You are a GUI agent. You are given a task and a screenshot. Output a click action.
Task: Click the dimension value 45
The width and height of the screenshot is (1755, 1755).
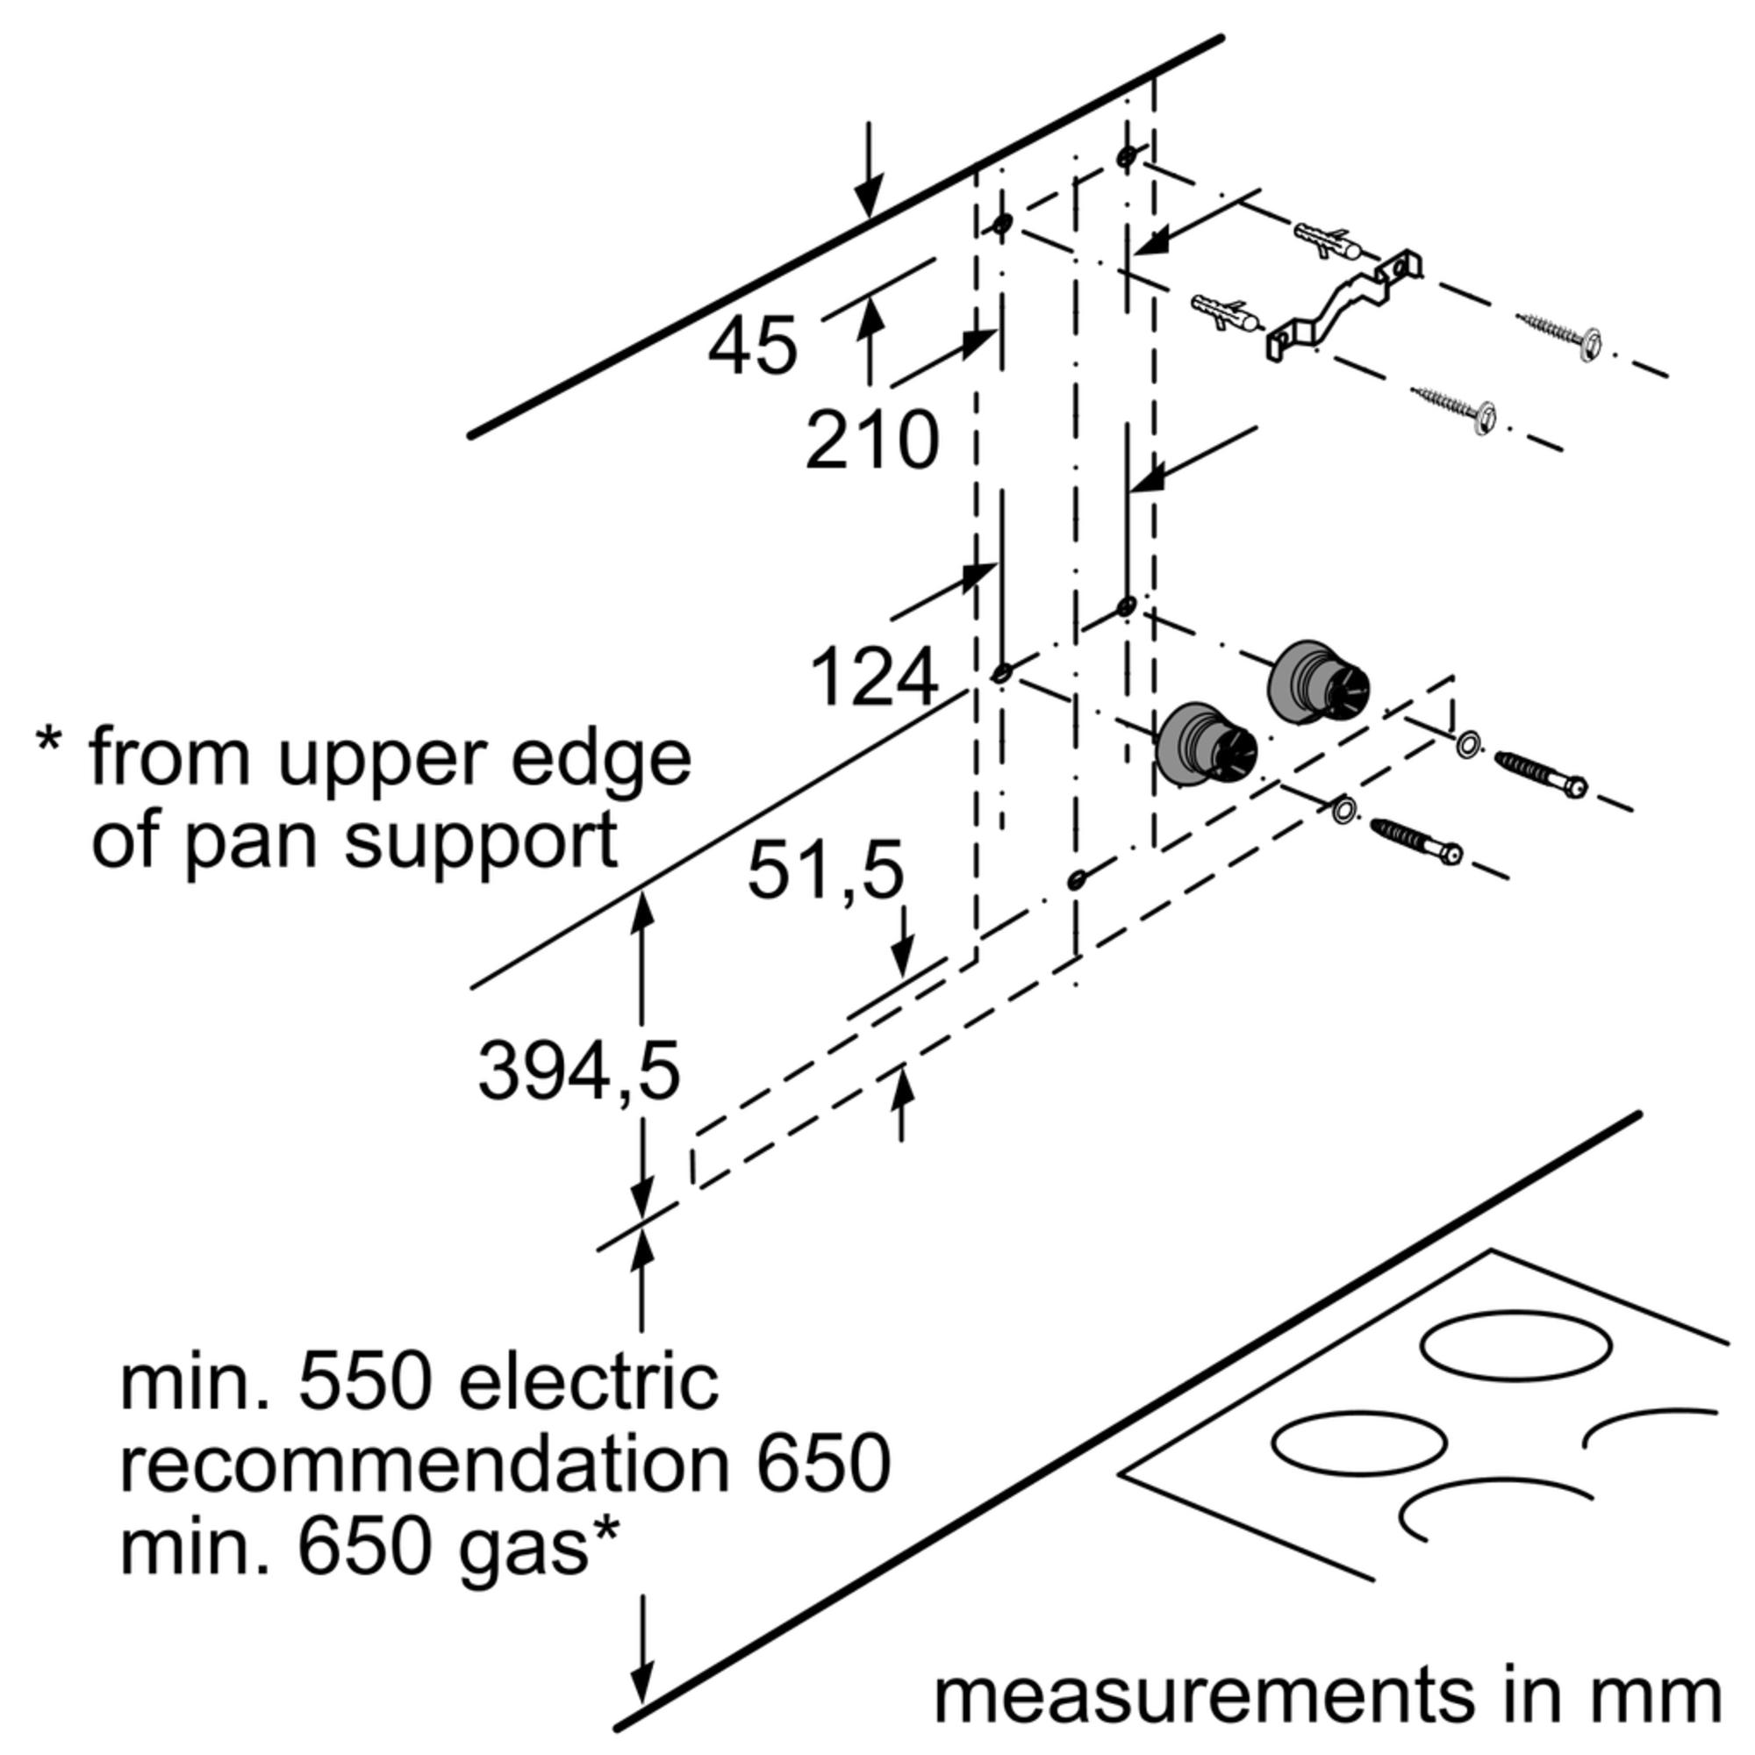point(752,347)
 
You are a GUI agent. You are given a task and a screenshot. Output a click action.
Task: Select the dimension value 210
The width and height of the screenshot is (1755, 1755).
point(871,441)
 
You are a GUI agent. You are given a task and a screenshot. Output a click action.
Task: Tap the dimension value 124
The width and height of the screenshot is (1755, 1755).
point(873,677)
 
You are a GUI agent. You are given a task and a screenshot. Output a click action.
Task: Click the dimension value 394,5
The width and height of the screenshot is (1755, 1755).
point(578,1072)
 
